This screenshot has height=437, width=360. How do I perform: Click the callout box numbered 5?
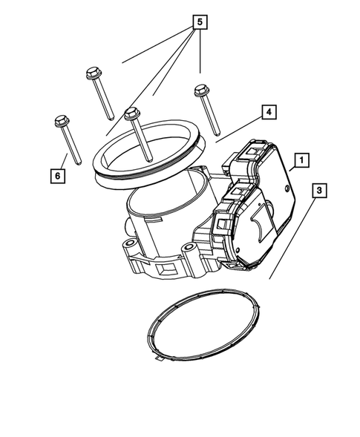(x=197, y=22)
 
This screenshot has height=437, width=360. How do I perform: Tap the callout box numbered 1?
(x=301, y=160)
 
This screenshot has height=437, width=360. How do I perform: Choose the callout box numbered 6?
(x=57, y=176)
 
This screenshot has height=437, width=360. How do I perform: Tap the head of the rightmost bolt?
(x=200, y=91)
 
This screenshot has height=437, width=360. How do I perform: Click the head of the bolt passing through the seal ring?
(x=132, y=114)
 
